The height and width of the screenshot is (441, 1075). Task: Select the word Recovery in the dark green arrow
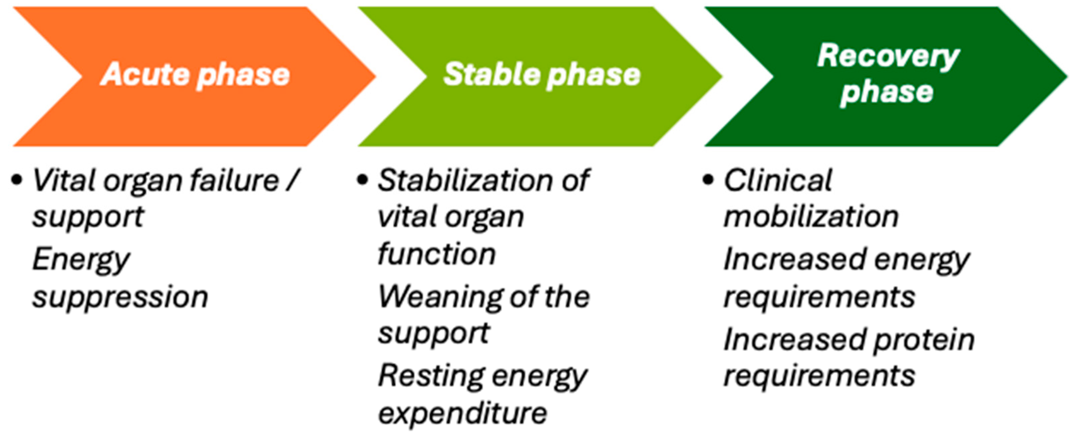888,57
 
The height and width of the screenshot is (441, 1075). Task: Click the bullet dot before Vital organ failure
17,181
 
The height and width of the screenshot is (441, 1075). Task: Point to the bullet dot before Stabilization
362,181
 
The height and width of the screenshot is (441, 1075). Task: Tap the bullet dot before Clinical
708,181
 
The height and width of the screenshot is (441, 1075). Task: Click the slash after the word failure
293,181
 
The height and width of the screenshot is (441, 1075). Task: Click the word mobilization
811,217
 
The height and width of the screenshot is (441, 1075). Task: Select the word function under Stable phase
437,254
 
